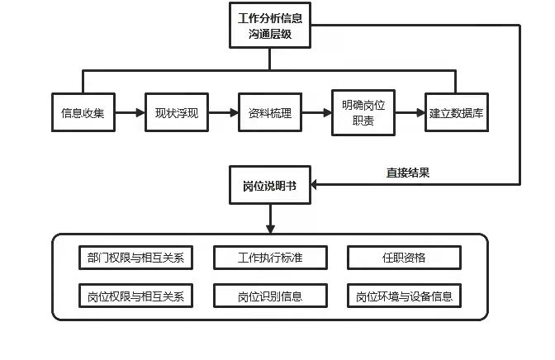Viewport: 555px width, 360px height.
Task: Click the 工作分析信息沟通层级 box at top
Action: click(x=270, y=26)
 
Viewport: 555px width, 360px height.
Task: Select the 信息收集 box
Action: click(x=83, y=113)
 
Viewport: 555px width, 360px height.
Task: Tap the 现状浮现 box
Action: click(x=176, y=113)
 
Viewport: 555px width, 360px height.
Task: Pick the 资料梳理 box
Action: click(x=269, y=113)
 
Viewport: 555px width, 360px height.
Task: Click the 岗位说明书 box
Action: click(x=270, y=185)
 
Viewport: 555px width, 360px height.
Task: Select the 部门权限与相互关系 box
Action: click(x=135, y=258)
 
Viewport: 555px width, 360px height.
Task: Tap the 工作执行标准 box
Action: click(x=270, y=258)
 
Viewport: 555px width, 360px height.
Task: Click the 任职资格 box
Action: click(x=404, y=258)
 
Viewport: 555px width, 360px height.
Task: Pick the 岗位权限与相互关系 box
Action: click(x=135, y=296)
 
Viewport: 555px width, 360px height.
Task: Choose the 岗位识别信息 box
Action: click(x=270, y=296)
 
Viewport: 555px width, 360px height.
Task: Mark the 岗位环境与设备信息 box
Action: click(x=404, y=296)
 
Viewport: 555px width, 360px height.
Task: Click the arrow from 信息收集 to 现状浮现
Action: click(x=129, y=113)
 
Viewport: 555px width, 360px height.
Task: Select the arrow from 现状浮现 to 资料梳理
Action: click(x=222, y=113)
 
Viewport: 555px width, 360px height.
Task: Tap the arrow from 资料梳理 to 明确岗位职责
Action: click(x=316, y=113)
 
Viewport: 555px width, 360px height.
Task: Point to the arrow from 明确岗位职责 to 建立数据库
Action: click(x=410, y=113)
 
